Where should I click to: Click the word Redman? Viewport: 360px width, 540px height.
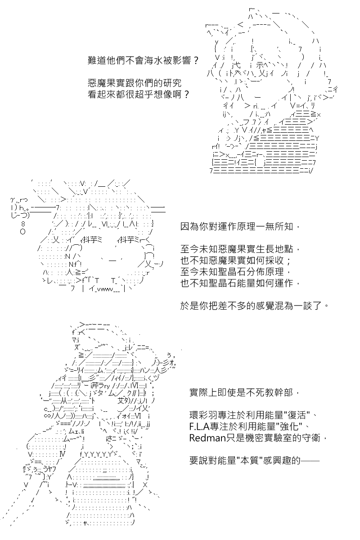coord(207,438)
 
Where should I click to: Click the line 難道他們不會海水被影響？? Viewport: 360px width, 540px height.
coord(143,60)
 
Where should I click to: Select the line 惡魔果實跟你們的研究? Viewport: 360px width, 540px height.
coord(135,83)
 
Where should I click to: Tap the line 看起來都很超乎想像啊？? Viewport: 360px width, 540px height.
coord(139,94)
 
